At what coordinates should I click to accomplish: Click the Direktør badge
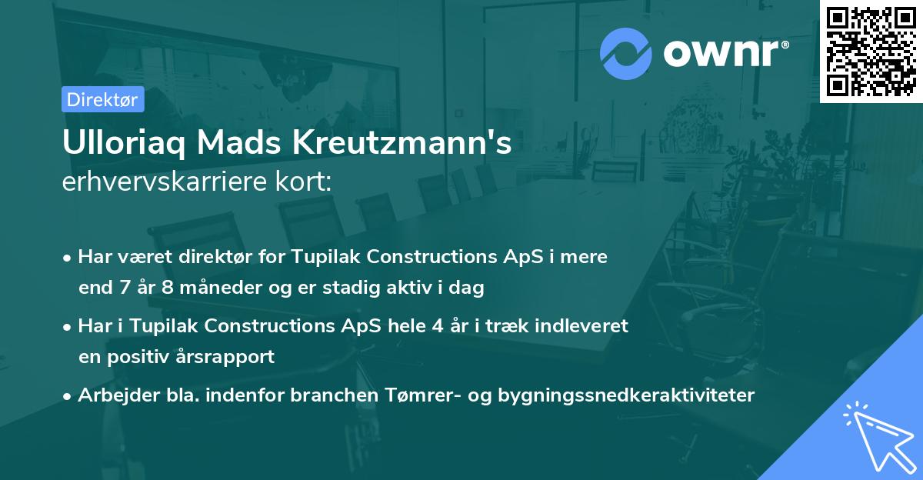tap(102, 99)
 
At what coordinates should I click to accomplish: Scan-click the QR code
tap(871, 52)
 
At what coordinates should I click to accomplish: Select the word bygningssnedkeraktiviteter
tap(626, 395)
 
